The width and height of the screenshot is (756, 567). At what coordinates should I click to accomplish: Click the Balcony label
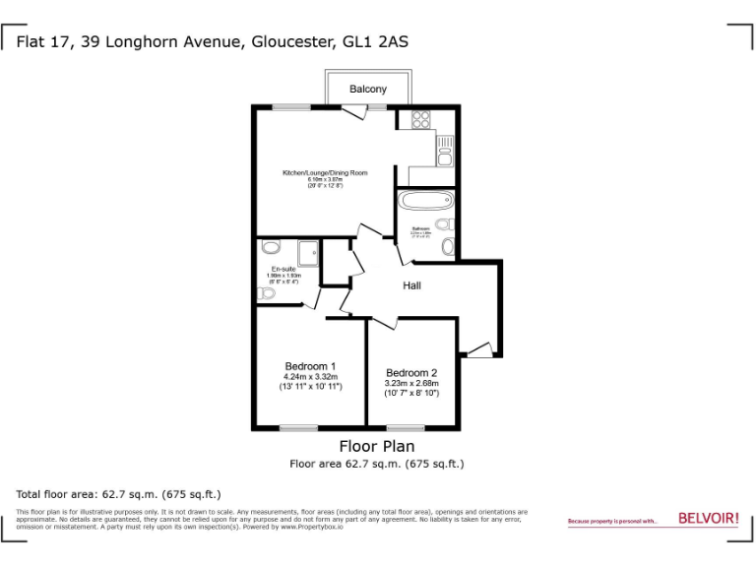368,89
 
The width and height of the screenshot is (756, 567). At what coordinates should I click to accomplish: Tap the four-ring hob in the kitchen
421,119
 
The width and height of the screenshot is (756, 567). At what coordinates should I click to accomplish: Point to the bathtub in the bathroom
424,203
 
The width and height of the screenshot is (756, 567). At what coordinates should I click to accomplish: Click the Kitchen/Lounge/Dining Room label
325,173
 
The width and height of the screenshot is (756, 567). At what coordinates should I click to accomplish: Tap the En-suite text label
283,269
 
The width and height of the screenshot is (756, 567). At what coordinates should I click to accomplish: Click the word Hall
411,285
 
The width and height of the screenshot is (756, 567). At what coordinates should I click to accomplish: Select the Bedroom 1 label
310,366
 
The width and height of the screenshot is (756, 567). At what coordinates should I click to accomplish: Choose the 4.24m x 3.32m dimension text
310,377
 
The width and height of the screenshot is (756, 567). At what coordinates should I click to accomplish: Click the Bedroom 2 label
411,372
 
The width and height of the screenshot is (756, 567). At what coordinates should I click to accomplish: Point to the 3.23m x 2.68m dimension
411,383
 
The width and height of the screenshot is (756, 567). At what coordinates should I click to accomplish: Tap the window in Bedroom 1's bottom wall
298,427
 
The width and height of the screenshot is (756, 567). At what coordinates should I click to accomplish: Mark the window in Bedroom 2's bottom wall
405,427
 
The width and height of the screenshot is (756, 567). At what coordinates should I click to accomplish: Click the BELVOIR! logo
708,518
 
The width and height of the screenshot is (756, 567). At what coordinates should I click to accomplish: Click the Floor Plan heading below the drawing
376,446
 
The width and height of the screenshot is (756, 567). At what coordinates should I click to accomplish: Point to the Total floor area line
118,494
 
